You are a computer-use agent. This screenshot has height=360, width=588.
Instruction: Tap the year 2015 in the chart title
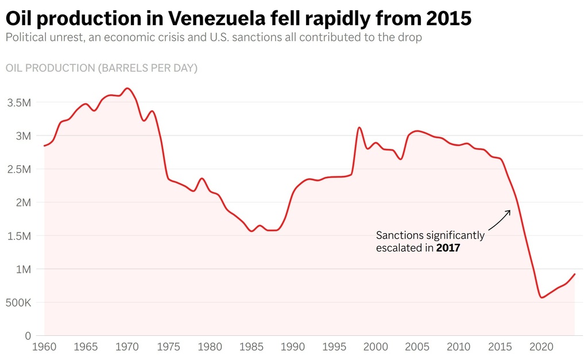coord(449,19)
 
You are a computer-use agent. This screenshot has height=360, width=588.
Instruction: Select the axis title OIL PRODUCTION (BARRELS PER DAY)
coord(102,68)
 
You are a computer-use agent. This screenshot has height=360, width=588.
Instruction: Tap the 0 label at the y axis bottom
coord(28,336)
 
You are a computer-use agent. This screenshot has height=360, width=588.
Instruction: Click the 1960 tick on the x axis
coord(45,347)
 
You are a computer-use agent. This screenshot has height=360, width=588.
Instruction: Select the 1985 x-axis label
coord(251,347)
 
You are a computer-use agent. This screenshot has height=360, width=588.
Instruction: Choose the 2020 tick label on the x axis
coord(540,347)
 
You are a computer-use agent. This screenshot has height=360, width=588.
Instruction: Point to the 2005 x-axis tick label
coord(416,347)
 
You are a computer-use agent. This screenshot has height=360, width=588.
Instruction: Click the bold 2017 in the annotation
coord(448,249)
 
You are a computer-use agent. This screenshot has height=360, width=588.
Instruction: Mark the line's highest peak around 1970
coord(127,88)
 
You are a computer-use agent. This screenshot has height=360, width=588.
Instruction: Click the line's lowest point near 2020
coord(541,297)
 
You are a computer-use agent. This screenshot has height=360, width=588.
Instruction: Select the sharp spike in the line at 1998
coord(359,127)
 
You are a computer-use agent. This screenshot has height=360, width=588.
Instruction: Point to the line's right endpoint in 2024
coord(575,274)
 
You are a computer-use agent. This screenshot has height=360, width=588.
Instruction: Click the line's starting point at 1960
coord(44,146)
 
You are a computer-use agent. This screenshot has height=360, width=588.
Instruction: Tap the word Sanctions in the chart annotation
coord(400,235)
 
